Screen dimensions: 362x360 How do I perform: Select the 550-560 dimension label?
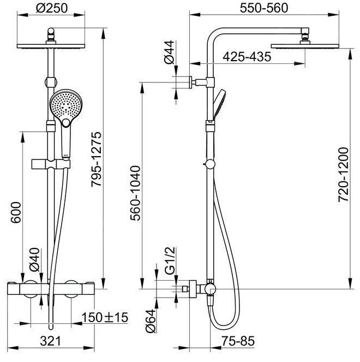[x=264, y=8]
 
